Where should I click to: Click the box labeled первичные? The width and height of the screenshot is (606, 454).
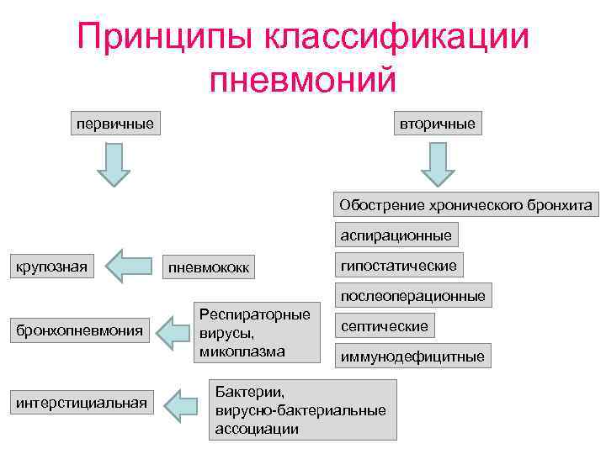pyautogui.click(x=114, y=124)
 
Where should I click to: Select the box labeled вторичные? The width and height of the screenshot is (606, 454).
pyautogui.click(x=437, y=124)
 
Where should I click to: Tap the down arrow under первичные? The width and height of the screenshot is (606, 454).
pyautogui.click(x=114, y=164)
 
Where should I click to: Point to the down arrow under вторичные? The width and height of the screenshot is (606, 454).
pyautogui.click(x=438, y=164)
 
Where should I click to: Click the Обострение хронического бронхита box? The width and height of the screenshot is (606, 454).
pyautogui.click(x=465, y=204)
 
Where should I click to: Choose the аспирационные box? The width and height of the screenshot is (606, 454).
pyautogui.click(x=396, y=235)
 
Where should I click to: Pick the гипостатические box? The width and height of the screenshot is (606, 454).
pyautogui.click(x=398, y=266)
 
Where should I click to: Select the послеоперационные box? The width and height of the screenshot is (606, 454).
pyautogui.click(x=412, y=296)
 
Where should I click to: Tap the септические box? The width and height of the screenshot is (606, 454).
pyautogui.click(x=384, y=325)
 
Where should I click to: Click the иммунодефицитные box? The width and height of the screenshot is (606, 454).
pyautogui.click(x=412, y=356)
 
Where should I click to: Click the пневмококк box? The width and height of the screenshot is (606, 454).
pyautogui.click(x=209, y=268)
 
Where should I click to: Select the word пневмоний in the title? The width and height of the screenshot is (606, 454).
pyautogui.click(x=302, y=80)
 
